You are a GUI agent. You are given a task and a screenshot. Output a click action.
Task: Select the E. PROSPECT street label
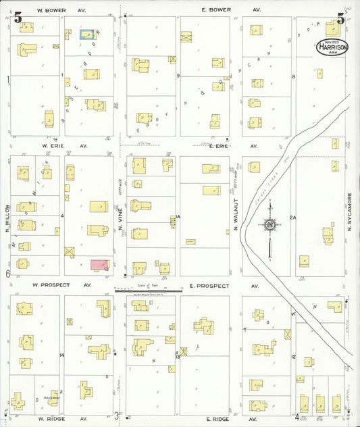(x=209, y=286)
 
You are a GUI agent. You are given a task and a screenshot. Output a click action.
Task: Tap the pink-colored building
(x=99, y=265)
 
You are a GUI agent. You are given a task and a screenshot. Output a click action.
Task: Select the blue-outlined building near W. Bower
(x=86, y=33)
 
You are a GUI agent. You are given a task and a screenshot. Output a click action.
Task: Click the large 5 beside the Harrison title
(x=341, y=18)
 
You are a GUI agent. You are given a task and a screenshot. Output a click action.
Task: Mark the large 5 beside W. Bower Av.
(x=18, y=18)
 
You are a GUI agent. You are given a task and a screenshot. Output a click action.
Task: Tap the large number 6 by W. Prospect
(x=7, y=274)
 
